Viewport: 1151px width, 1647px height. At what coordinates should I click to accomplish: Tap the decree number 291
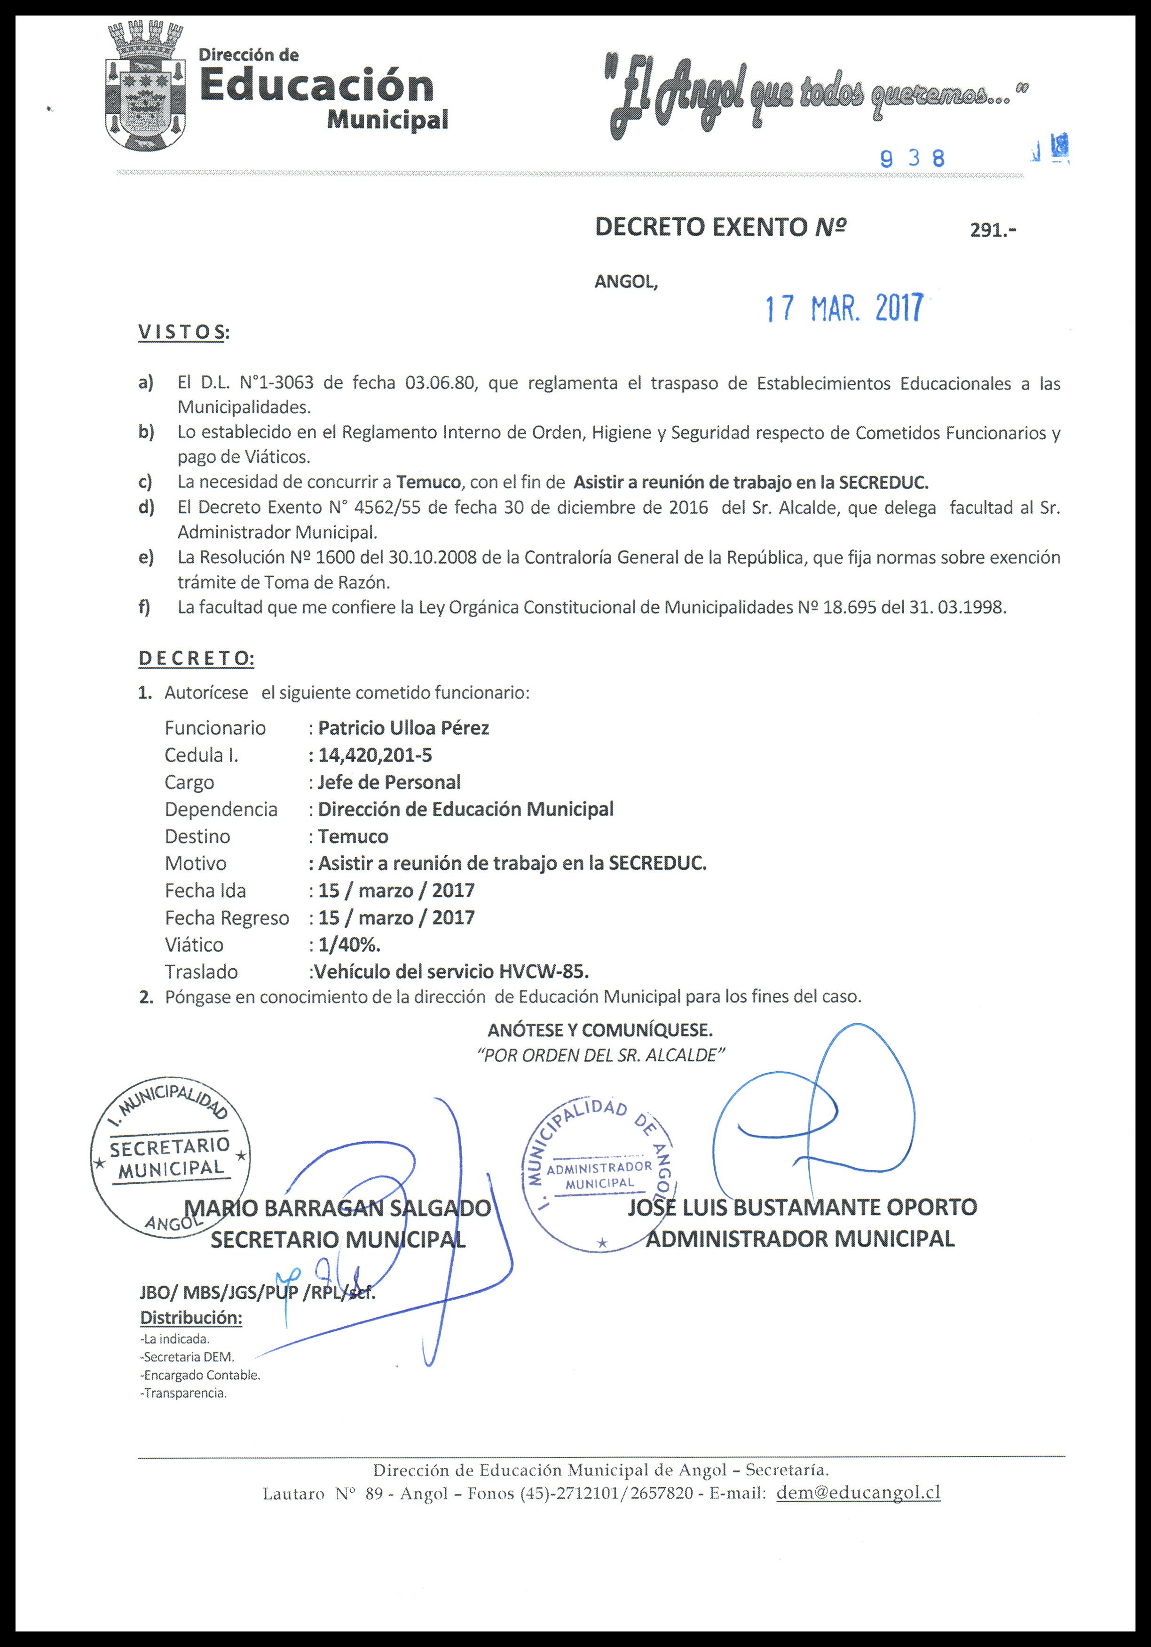pos(993,230)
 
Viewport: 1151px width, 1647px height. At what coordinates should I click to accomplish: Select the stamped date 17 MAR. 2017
pos(844,309)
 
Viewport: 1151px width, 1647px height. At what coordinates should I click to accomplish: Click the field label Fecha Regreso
pos(227,918)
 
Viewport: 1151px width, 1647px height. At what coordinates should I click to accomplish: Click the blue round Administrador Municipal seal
pos(599,1174)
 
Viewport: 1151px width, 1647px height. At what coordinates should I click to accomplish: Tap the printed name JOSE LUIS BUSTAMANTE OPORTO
pos(802,1207)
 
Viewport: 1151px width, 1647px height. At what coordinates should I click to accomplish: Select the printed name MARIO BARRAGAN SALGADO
pos(337,1208)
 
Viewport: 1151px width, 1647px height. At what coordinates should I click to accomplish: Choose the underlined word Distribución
pos(191,1318)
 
